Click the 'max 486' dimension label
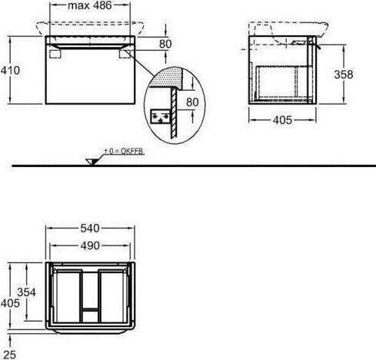pos(90,5)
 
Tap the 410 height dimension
pos(10,70)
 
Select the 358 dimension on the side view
pos(344,75)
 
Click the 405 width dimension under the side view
pos(282,120)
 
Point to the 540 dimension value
pos(90,228)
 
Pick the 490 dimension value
pos(90,245)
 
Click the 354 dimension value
pos(26,292)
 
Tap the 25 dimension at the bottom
pos(10,355)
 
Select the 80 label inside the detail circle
pos(192,102)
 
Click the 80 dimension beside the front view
pos(165,44)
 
